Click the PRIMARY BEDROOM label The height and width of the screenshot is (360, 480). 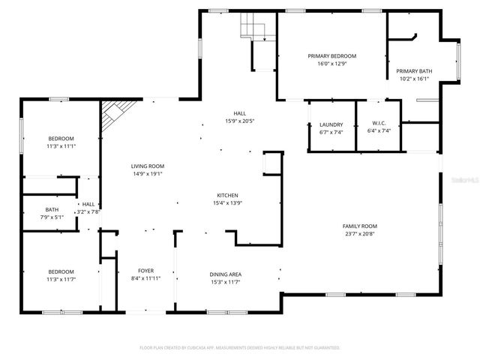coord(331,56)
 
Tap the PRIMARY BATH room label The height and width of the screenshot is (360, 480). coord(414,70)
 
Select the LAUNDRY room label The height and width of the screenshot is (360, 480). coord(331,124)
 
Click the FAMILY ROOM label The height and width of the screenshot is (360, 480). coord(360,226)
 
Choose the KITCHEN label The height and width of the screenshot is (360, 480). coord(228,195)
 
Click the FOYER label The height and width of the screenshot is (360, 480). coord(145,271)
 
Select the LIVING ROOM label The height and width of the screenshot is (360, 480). coord(147,166)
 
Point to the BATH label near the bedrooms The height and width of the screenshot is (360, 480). coord(52,210)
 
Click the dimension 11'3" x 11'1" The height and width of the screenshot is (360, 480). coord(61,146)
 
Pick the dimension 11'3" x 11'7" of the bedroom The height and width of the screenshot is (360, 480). coord(61,278)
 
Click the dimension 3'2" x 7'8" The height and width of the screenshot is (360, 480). coord(89,211)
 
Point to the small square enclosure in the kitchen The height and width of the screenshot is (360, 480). coord(271,163)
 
